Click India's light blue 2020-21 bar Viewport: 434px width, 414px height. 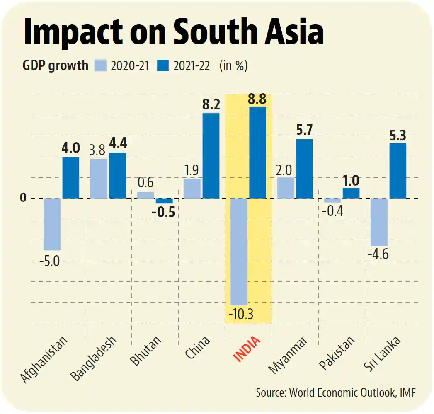[239, 252]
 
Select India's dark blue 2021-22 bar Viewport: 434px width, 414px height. [258, 153]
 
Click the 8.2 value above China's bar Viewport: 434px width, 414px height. [211, 104]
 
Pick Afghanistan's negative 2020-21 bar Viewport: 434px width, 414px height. [52, 224]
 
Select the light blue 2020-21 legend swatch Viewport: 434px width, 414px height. [101, 65]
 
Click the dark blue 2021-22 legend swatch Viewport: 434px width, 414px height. [164, 65]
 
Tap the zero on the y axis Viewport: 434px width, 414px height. [23, 198]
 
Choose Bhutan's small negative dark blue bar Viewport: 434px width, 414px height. [164, 201]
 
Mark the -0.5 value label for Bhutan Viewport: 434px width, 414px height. [163, 212]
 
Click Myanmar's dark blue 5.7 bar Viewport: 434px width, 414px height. [304, 168]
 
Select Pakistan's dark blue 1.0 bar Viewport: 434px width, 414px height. [351, 193]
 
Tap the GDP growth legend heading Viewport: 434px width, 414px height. [56, 65]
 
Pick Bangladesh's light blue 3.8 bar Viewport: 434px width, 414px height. [99, 178]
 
